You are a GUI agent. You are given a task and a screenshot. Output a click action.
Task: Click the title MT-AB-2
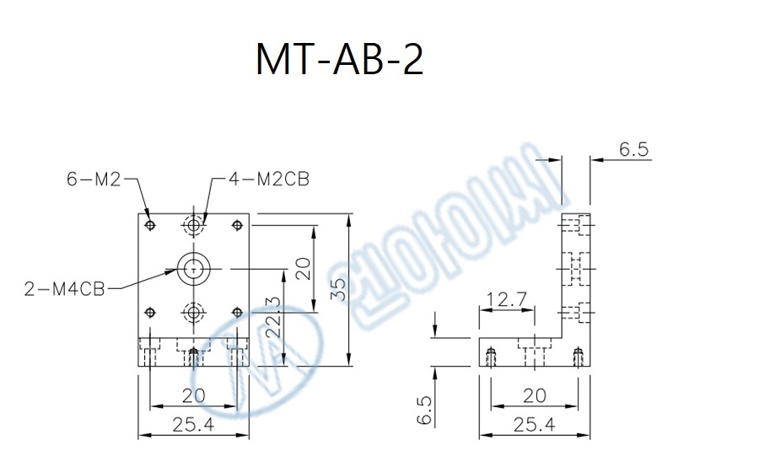click(339, 60)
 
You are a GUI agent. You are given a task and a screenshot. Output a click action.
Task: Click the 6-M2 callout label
click(94, 178)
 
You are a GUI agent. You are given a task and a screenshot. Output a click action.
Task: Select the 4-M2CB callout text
click(269, 178)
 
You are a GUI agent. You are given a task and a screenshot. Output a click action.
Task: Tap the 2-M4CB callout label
click(65, 289)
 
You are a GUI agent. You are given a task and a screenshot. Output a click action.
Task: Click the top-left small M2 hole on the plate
click(150, 225)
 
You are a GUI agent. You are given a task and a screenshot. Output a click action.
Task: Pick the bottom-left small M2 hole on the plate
click(150, 313)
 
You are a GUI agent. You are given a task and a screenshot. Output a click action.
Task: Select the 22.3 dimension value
click(272, 317)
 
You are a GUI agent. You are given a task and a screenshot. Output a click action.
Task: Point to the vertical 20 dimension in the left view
click(303, 269)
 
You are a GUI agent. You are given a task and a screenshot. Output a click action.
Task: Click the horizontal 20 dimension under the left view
click(194, 394)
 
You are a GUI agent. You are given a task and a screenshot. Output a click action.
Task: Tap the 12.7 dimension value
click(506, 298)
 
